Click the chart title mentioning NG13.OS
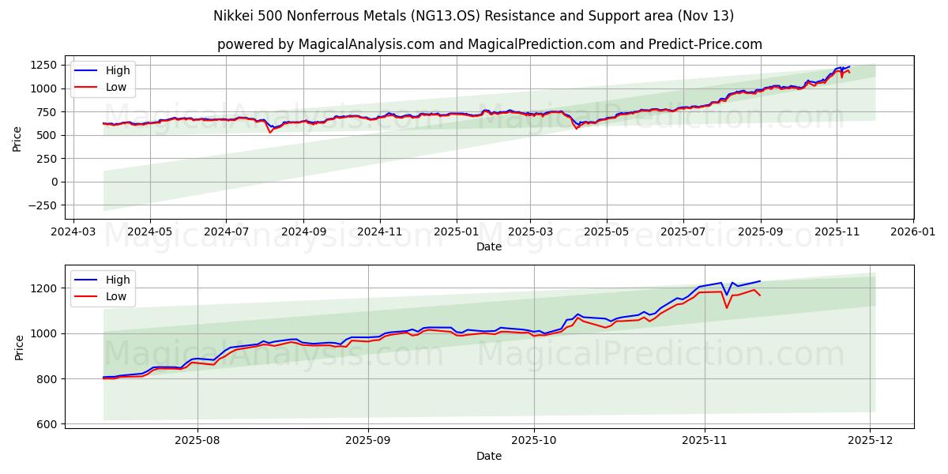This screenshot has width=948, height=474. click(x=473, y=16)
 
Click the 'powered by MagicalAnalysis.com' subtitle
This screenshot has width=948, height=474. click(x=489, y=44)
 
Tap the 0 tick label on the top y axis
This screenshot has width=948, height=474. click(x=52, y=182)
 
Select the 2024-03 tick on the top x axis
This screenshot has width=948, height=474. click(x=74, y=232)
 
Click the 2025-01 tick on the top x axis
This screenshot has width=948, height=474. click(x=456, y=232)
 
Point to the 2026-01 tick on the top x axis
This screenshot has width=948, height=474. click(x=912, y=232)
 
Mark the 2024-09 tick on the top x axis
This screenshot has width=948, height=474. click(x=303, y=232)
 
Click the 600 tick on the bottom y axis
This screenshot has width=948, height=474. click(x=46, y=424)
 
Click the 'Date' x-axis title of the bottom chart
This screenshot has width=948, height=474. click(x=489, y=456)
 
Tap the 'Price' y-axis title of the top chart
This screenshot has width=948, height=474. click(x=17, y=137)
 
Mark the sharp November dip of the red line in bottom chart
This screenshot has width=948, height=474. click(x=727, y=307)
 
